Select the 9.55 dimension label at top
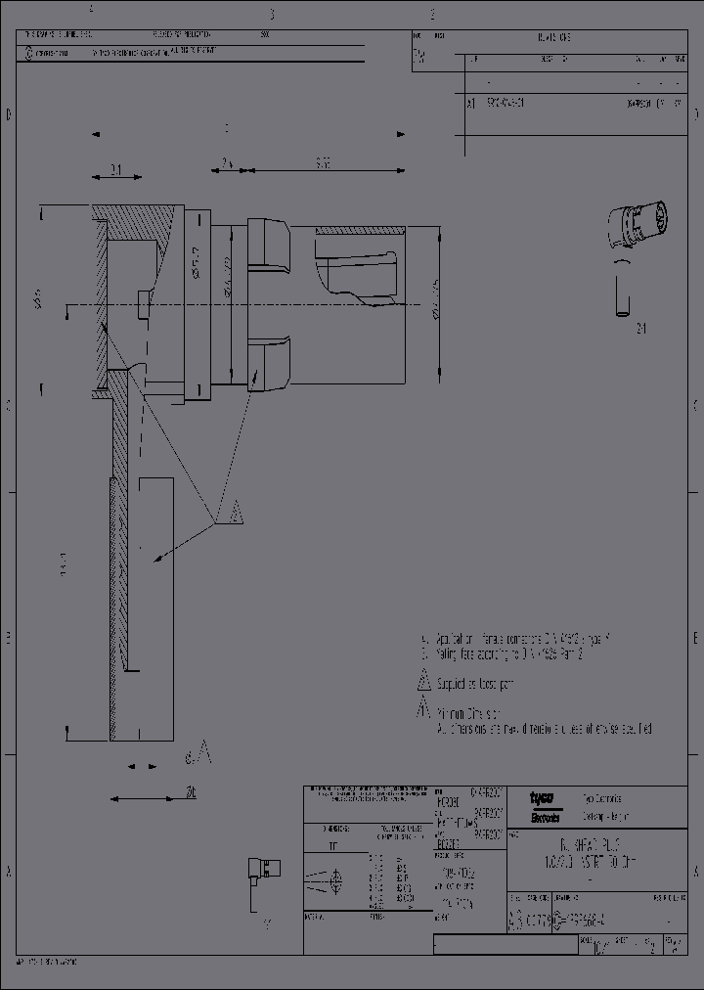click(x=323, y=163)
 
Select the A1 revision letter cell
click(x=470, y=102)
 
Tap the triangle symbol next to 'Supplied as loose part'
click(x=423, y=680)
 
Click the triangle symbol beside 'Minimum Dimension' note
click(x=423, y=709)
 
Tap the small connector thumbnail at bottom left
click(x=265, y=869)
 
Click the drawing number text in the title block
click(x=587, y=921)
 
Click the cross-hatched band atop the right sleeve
click(x=358, y=230)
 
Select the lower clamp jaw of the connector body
click(x=270, y=363)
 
